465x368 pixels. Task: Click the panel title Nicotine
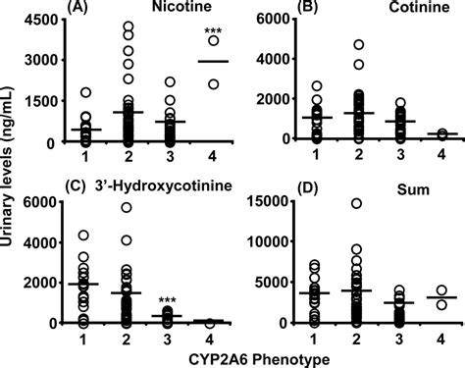tap(178, 8)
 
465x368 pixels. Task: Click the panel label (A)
tap(79, 8)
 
